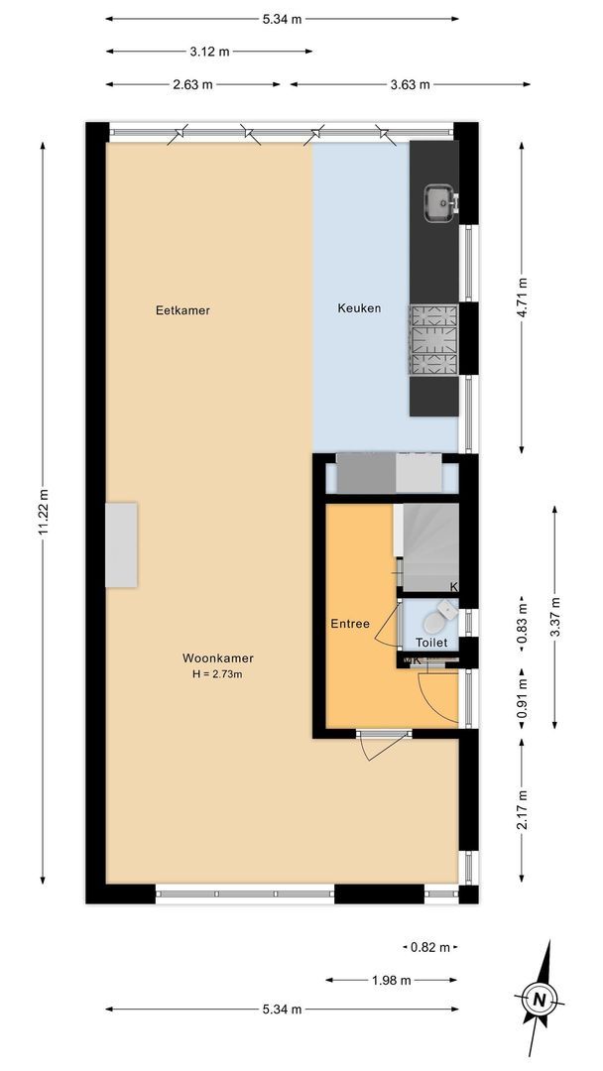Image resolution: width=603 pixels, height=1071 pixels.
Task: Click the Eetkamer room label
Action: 182,310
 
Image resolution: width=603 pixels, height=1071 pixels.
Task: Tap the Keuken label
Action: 359,308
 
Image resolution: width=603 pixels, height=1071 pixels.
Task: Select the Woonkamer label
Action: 217,657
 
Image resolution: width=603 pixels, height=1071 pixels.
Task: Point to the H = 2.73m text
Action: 217,674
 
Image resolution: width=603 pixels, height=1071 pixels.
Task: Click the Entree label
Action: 350,624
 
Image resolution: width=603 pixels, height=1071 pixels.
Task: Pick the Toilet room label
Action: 431,643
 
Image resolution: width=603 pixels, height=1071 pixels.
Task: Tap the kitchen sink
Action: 438,201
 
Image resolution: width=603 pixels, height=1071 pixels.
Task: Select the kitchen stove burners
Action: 433,340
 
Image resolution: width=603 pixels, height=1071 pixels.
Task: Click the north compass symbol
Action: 539,997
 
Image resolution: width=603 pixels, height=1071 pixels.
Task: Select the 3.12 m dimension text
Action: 209,51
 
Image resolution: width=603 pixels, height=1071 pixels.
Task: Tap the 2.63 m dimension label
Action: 192,84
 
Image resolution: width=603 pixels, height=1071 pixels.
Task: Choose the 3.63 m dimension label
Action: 411,84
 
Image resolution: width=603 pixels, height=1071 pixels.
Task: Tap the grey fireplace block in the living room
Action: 122,544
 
